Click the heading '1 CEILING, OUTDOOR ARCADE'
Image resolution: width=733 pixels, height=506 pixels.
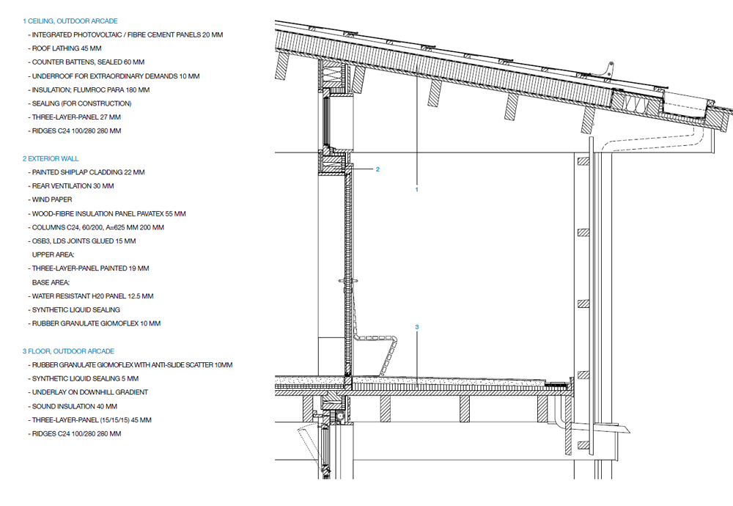(x=70, y=21)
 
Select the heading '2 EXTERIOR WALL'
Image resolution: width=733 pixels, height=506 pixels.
(x=51, y=158)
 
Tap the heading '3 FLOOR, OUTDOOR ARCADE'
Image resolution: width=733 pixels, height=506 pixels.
(x=68, y=351)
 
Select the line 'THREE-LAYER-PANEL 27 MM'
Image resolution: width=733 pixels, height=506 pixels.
(x=76, y=117)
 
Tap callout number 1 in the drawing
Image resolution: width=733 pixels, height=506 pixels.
(x=416, y=189)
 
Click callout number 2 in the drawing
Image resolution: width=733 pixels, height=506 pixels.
(x=377, y=169)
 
